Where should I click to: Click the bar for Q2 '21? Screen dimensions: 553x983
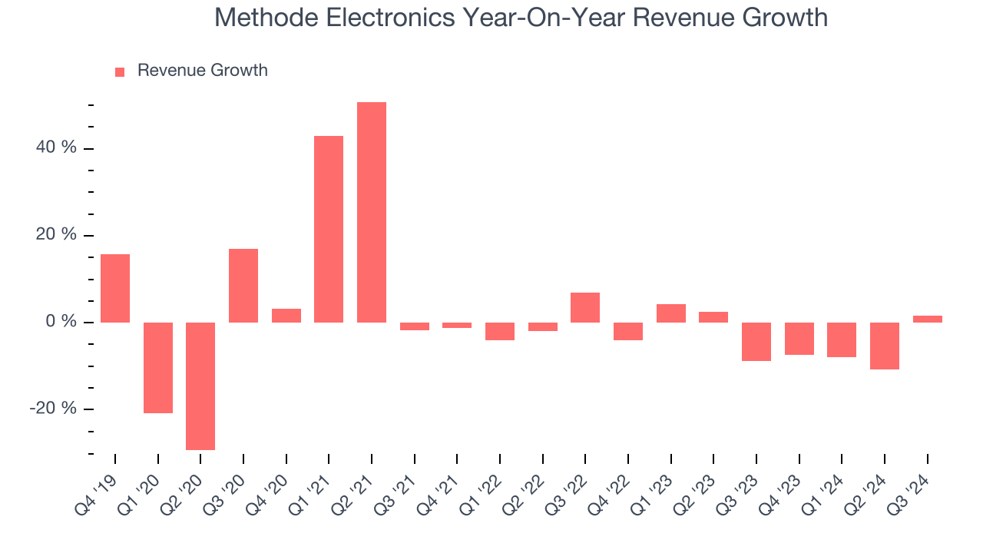pos(372,212)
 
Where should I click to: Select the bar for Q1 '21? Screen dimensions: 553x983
pos(329,229)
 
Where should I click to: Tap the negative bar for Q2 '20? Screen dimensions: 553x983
pos(200,386)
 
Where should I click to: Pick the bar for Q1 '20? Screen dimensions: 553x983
pos(158,367)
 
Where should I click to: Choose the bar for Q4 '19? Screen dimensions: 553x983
pos(115,288)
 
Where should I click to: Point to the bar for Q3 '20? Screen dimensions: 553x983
pos(243,285)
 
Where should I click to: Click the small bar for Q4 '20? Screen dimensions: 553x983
pos(286,315)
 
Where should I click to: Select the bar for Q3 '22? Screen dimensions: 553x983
pos(585,307)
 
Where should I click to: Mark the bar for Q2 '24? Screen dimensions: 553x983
pos(885,346)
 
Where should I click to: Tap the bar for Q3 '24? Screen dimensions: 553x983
pos(927,319)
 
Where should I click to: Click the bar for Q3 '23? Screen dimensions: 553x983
pos(756,341)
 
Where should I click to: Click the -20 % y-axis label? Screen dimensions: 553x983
pos(53,409)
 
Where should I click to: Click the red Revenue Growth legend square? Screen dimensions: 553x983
pos(120,72)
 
